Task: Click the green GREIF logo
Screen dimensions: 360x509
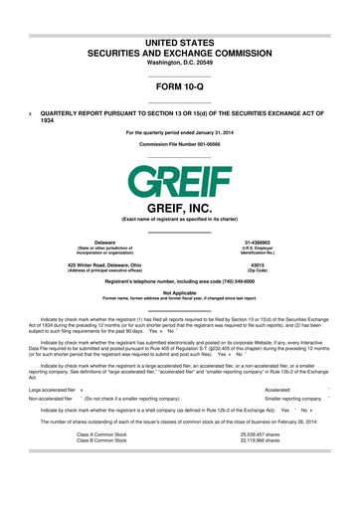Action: (180, 182)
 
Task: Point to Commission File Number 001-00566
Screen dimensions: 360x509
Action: (180, 145)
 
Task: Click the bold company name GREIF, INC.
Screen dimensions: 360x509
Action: (180, 209)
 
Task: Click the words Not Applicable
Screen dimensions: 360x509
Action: (180, 292)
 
